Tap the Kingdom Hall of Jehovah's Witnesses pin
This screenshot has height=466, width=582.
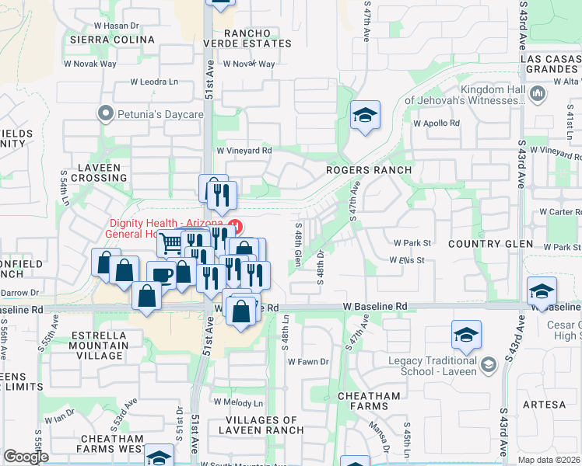[x=538, y=95]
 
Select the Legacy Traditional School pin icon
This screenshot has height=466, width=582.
[x=488, y=365]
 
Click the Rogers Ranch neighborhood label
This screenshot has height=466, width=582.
[x=368, y=170]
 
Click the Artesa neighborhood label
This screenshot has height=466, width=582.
[x=545, y=405]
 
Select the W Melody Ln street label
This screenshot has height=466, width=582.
[x=239, y=403]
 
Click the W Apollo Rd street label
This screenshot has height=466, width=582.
[x=437, y=123]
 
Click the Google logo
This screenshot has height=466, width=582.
[x=26, y=457]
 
